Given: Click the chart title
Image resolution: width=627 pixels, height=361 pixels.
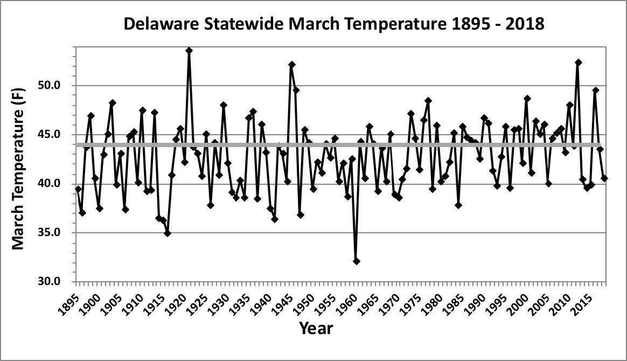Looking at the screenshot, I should point(334,24).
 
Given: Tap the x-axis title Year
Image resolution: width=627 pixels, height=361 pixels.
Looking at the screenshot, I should point(316,327).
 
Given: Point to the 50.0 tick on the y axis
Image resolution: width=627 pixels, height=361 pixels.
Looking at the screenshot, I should point(56,86).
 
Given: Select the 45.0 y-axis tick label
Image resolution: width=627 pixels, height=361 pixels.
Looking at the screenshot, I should point(56,135).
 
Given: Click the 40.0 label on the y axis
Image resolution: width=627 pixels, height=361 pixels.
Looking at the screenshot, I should point(56,184).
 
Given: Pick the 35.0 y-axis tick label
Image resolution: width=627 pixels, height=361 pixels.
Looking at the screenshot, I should point(56,233).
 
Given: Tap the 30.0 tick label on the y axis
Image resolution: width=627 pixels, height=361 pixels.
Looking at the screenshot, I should point(56,282).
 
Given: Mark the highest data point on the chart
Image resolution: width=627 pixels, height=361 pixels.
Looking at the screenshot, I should point(189,50).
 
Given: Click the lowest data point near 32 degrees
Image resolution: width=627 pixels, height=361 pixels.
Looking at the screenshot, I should point(357,261).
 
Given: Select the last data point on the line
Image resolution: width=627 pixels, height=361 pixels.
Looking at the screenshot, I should point(604,178).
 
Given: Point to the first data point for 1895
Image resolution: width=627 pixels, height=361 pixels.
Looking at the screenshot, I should point(78,189).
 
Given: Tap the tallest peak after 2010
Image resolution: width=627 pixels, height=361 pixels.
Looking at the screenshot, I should point(579,63).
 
